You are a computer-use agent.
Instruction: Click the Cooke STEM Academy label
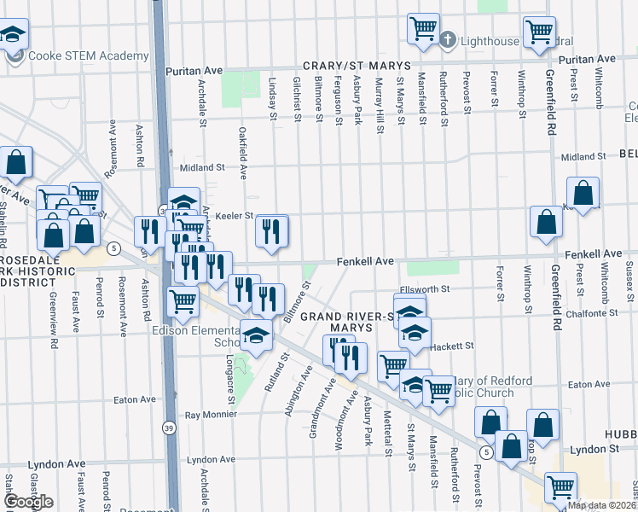click(x=88, y=56)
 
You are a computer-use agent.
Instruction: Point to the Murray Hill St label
click(x=380, y=104)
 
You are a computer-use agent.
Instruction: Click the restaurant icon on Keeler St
click(x=272, y=230)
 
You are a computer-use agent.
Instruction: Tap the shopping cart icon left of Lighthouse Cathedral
click(x=422, y=28)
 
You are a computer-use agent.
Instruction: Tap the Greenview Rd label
click(x=53, y=310)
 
